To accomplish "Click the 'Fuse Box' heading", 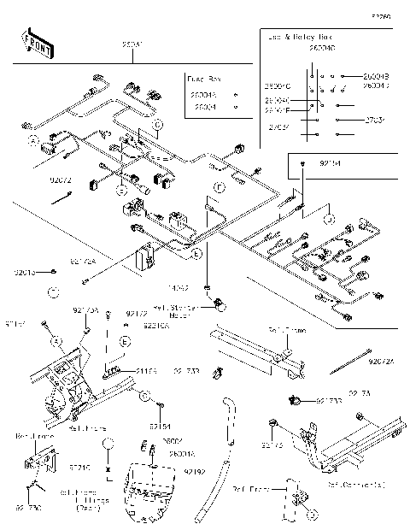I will point(202,78).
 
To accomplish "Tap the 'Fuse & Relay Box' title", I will point(299,38).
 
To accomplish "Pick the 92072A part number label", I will point(382,362).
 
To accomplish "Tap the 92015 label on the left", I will point(25,272).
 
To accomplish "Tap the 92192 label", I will point(193,470).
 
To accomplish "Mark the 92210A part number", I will point(155,326).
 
